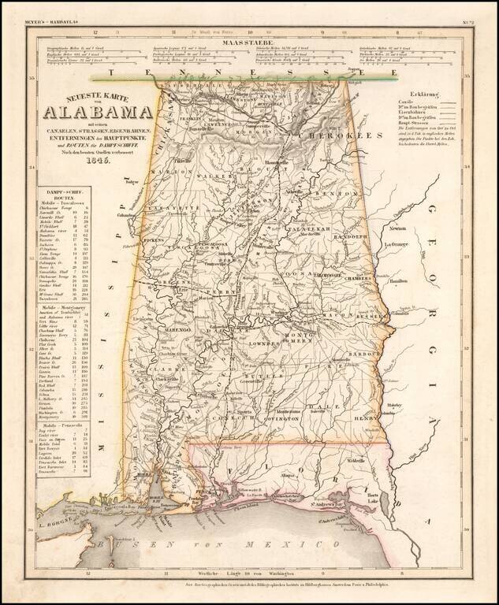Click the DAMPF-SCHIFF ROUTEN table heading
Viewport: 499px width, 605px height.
pos(64,193)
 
